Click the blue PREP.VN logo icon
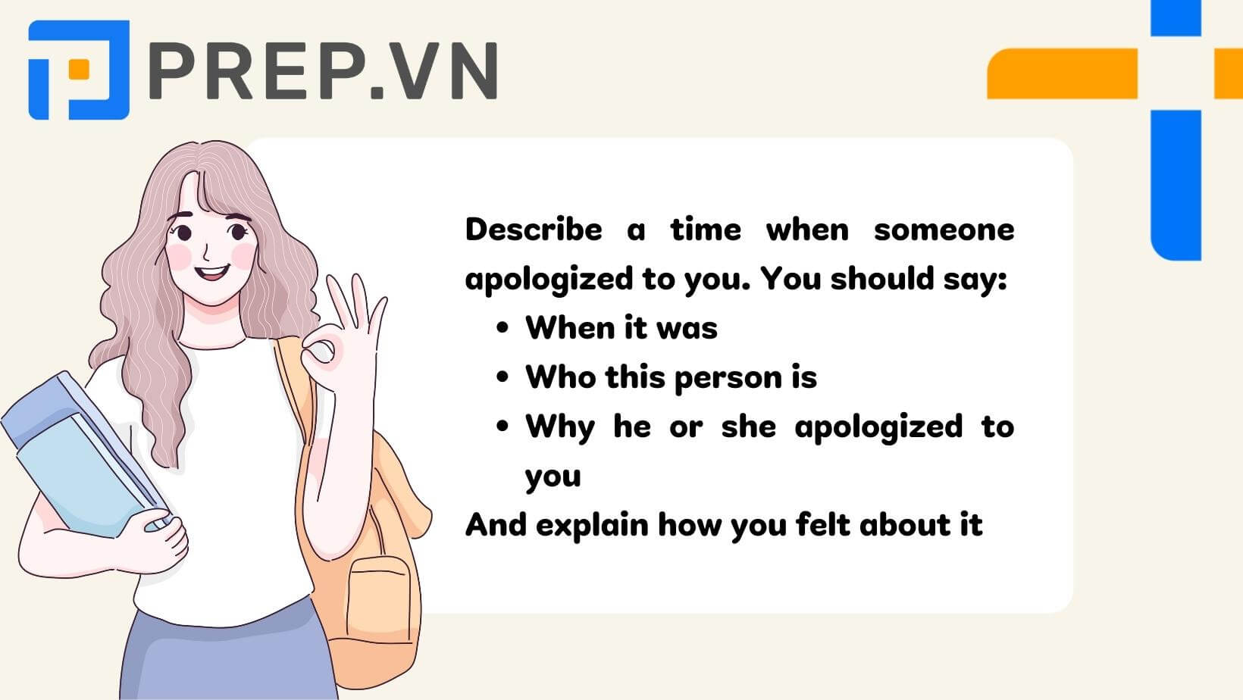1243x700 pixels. click(79, 70)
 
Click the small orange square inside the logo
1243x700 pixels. click(79, 70)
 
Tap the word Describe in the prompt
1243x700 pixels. click(534, 230)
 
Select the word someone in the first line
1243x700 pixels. click(944, 230)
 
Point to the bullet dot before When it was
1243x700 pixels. click(503, 328)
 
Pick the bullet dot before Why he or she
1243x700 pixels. click(503, 427)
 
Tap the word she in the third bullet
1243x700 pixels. click(749, 427)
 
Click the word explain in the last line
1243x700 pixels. click(592, 525)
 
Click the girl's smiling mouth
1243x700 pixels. click(211, 272)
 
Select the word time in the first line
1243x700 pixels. click(706, 230)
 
